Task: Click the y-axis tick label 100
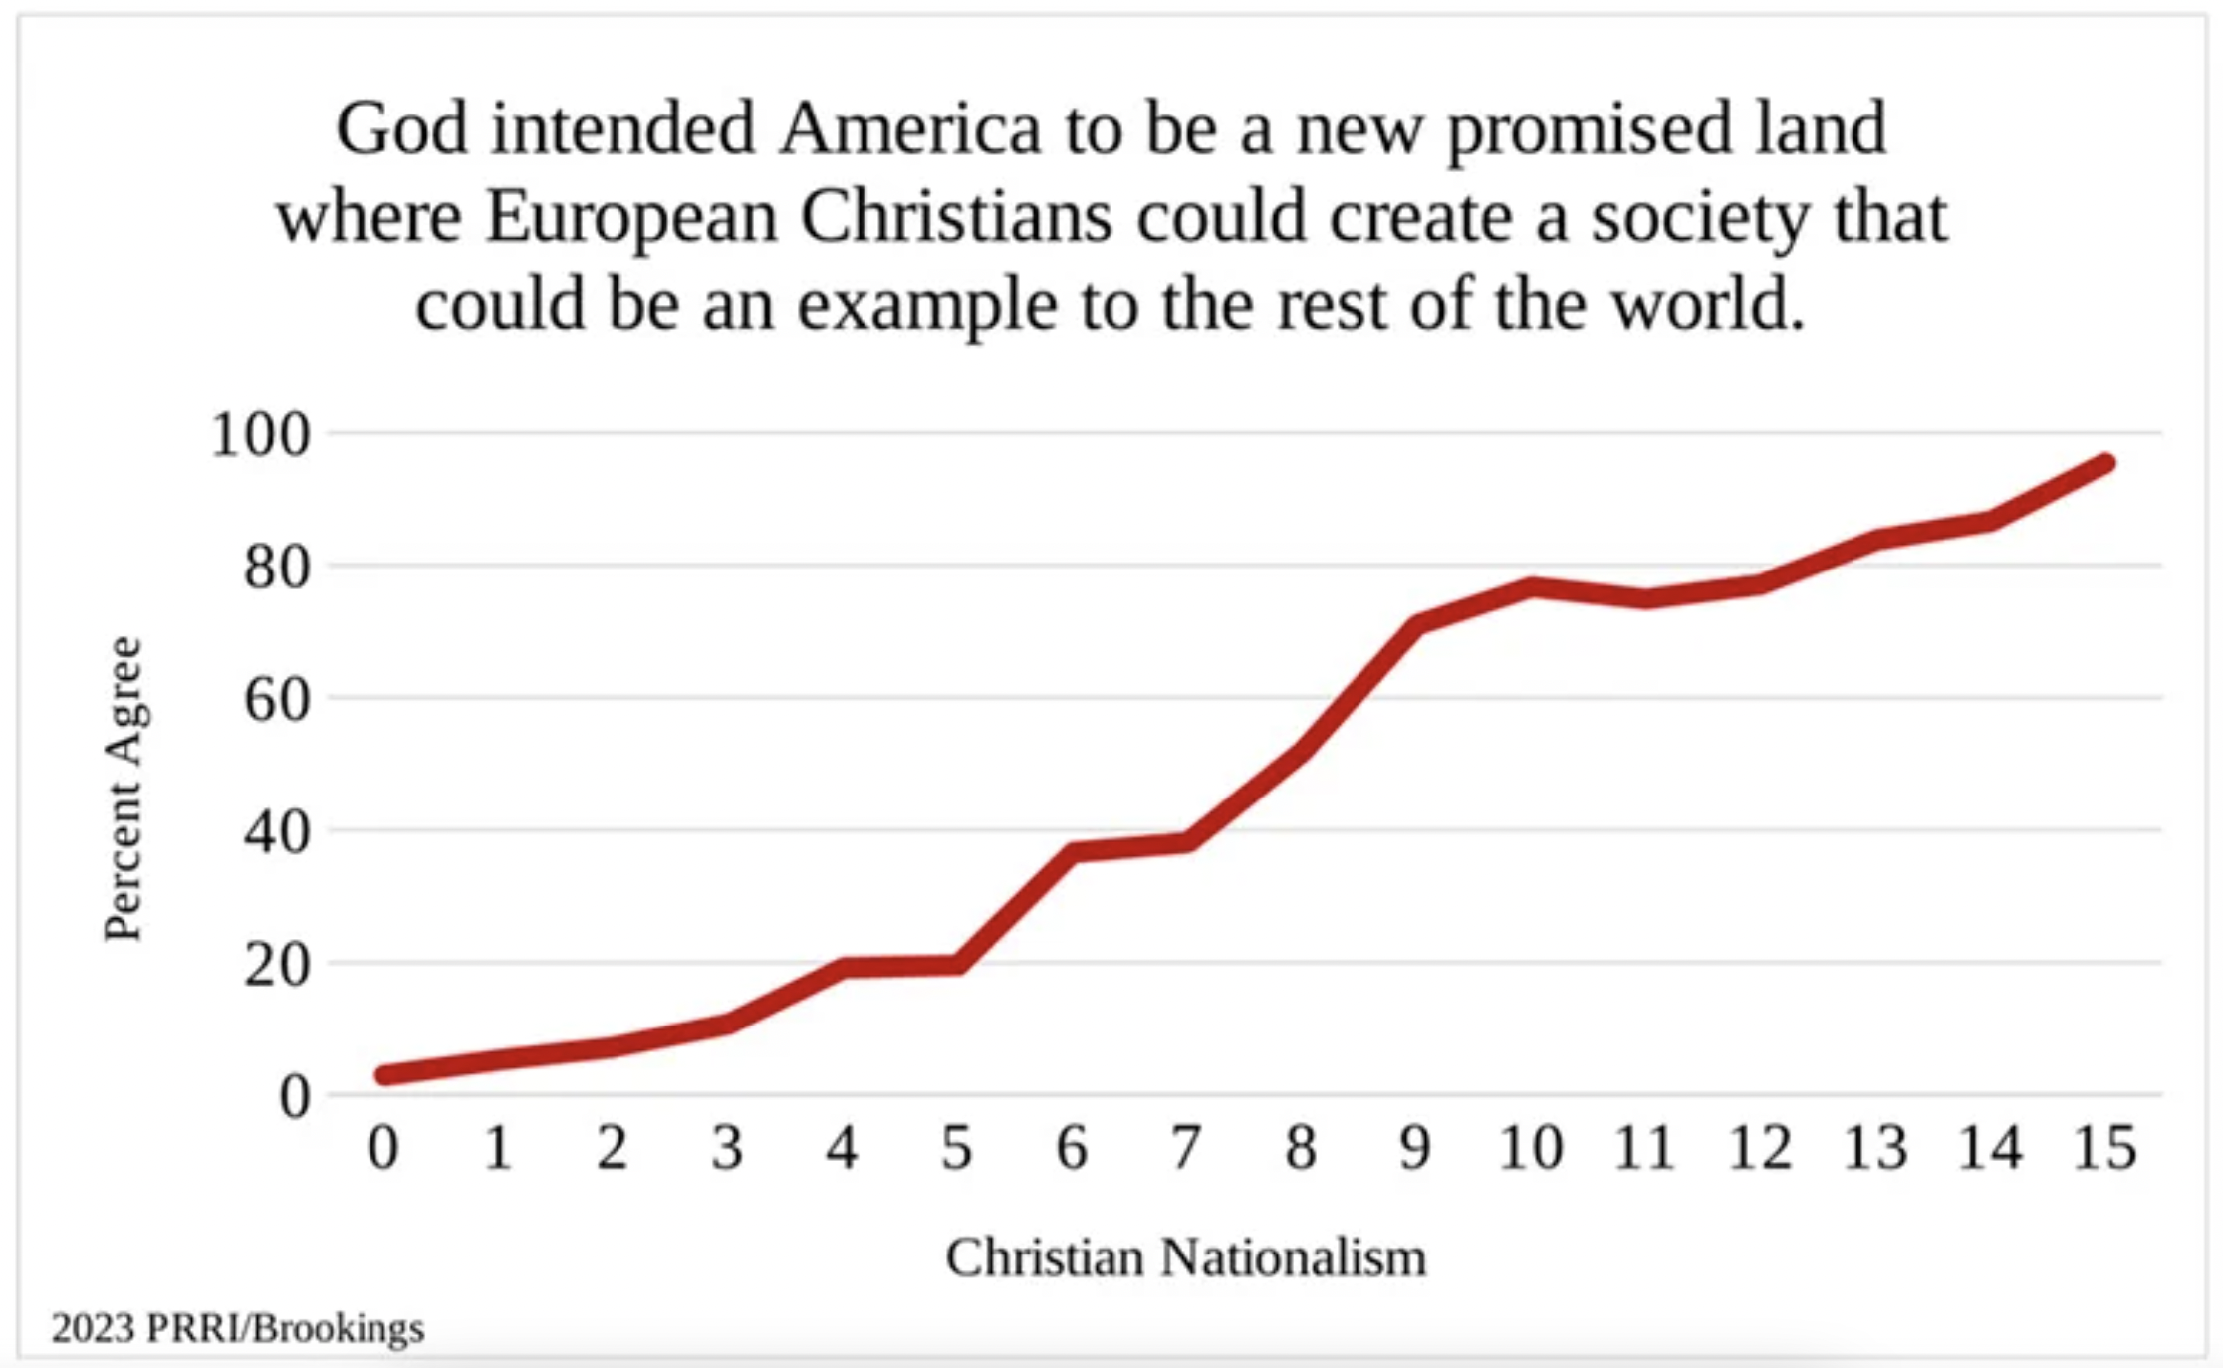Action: tap(260, 435)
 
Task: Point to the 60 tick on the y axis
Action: tap(277, 700)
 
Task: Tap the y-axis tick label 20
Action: tap(277, 965)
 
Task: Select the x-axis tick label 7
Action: tap(1185, 1148)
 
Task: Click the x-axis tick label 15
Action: tap(2103, 1148)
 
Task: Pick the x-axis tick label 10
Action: tap(1530, 1148)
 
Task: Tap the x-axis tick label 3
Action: tap(727, 1148)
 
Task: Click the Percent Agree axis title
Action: tap(125, 789)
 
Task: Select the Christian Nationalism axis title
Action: tap(1185, 1256)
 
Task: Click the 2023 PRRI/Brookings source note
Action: tap(238, 1328)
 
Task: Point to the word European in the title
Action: tap(630, 217)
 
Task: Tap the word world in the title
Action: tap(1708, 304)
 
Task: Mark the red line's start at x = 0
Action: tap(384, 1075)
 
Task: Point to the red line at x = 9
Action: tap(1416, 624)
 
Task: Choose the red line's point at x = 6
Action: tap(1073, 851)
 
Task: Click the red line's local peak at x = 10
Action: tap(1531, 586)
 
